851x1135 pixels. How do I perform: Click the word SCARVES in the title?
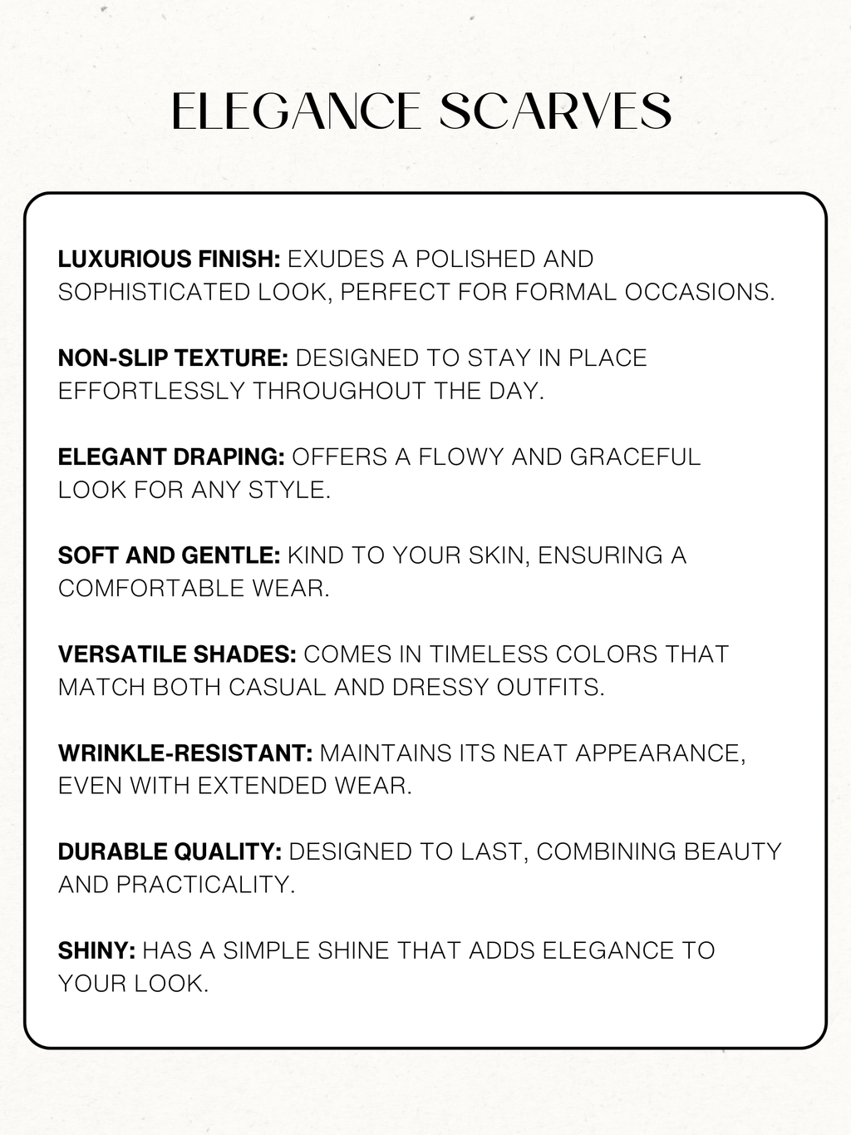pyautogui.click(x=555, y=111)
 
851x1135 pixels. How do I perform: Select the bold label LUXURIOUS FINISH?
pyautogui.click(x=169, y=259)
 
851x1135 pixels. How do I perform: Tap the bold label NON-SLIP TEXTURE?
pyautogui.click(x=173, y=358)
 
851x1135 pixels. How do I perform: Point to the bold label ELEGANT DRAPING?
pyautogui.click(x=171, y=457)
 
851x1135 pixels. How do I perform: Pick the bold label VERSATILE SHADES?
pyautogui.click(x=177, y=654)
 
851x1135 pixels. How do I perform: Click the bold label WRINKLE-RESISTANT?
pyautogui.click(x=185, y=753)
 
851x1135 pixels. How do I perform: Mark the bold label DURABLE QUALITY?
pyautogui.click(x=170, y=852)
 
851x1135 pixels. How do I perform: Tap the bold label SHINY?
pyautogui.click(x=96, y=951)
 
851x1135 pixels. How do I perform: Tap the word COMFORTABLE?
pyautogui.click(x=150, y=589)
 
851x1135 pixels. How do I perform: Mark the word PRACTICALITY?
pyautogui.click(x=205, y=885)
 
